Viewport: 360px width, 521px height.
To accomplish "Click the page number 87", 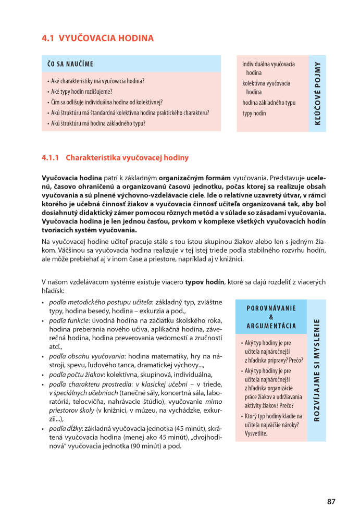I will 331,502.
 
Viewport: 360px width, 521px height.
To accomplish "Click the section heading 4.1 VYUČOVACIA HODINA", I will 98,38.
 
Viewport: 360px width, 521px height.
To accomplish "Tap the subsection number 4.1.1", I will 52,157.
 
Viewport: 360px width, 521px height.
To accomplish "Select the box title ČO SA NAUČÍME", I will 70,64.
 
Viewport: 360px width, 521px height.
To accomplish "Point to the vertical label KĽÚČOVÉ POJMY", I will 317,94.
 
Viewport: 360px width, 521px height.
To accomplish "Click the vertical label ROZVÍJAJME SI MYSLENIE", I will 317,370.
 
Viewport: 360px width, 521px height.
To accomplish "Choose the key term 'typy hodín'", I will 254,113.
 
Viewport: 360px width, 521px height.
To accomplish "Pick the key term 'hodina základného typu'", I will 269,103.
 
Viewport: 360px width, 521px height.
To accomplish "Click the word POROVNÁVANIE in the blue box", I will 271,307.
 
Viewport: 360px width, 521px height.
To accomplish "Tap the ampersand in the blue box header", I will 271,317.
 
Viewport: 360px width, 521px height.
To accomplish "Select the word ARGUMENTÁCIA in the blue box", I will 271,327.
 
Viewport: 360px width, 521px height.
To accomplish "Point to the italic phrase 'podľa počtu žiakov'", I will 76,374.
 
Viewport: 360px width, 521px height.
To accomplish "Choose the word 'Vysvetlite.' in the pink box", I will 256,433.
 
